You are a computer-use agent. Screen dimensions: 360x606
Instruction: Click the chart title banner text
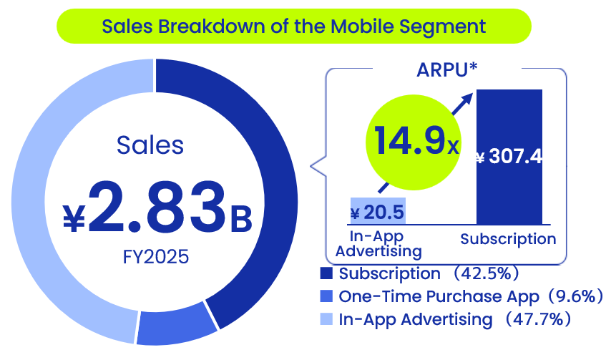[x=293, y=27]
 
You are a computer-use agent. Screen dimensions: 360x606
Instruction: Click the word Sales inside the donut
[x=150, y=145]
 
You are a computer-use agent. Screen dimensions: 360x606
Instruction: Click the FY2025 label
[x=155, y=256]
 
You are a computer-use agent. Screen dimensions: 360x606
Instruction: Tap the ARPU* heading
[x=447, y=70]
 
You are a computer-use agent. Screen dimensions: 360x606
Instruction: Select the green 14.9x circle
[x=411, y=140]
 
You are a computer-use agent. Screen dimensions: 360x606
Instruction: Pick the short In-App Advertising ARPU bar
[x=378, y=212]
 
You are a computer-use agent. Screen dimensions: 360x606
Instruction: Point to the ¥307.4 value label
[x=509, y=157]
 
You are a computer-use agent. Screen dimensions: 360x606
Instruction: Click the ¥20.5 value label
[x=377, y=213]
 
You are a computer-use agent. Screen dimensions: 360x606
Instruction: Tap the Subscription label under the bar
[x=508, y=239]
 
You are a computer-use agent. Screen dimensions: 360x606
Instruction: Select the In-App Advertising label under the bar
[x=378, y=243]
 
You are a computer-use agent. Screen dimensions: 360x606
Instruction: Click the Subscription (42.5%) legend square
[x=328, y=274]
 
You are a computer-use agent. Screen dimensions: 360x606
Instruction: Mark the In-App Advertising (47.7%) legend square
[x=328, y=318]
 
